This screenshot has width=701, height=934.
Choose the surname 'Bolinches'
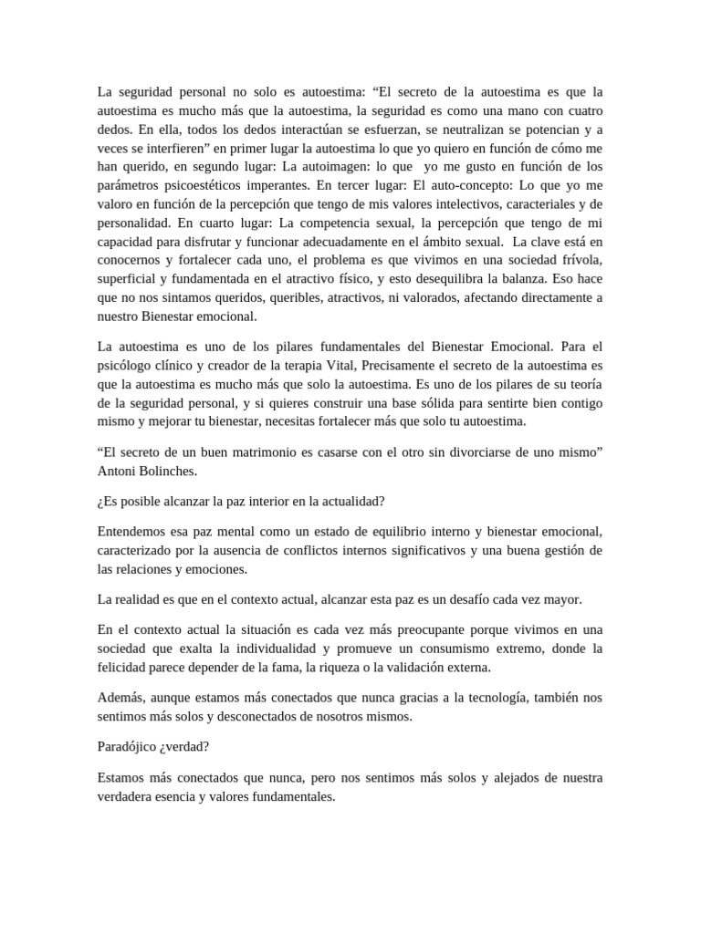point(171,472)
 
